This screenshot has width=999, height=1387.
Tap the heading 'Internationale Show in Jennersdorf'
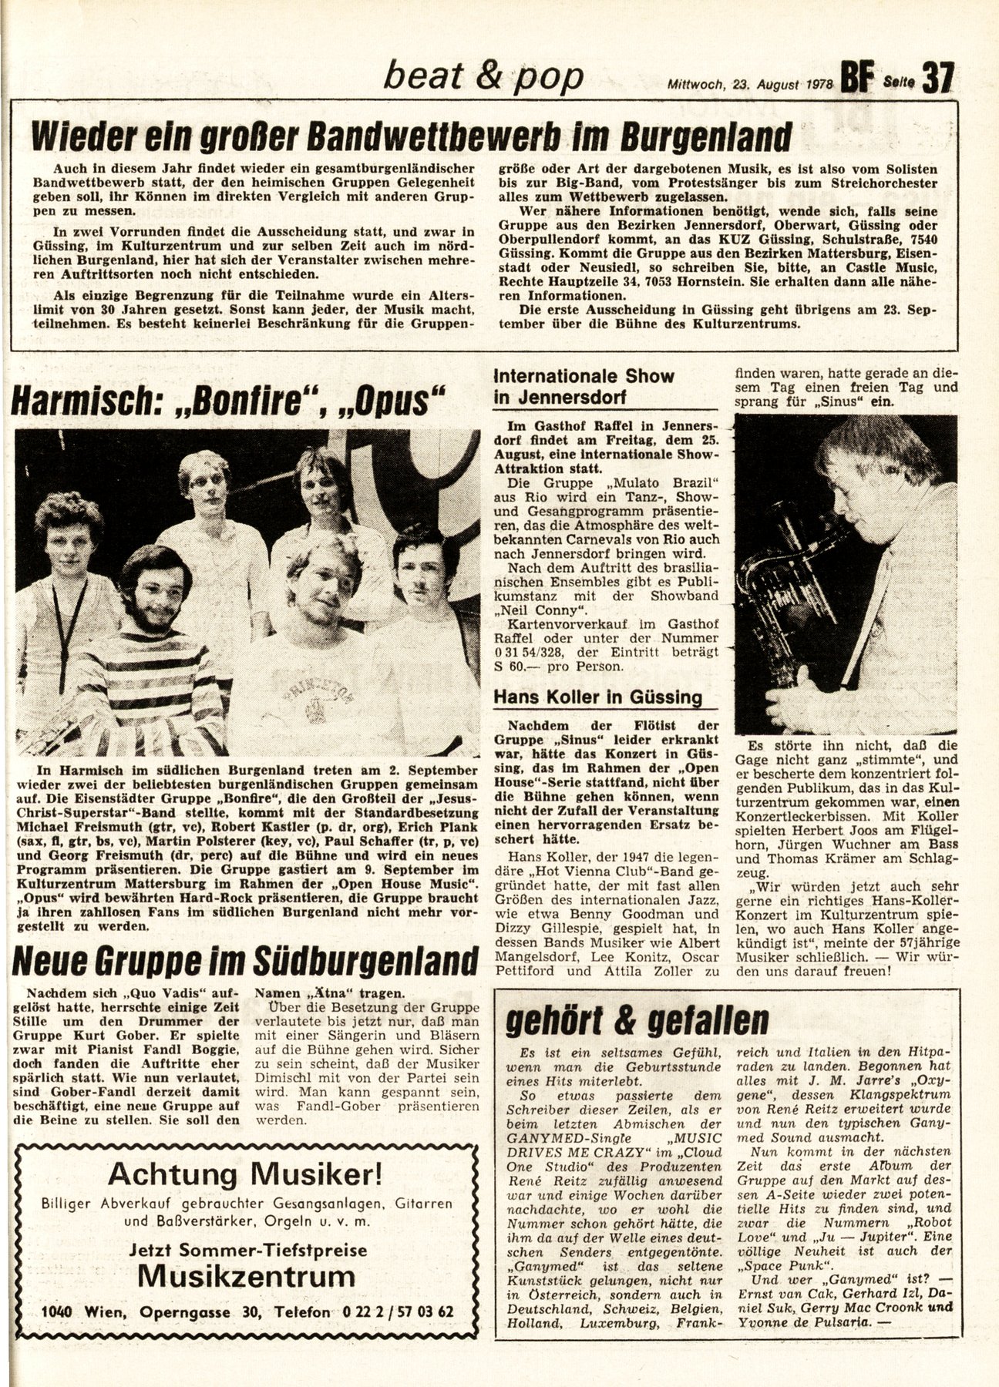pyautogui.click(x=584, y=387)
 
